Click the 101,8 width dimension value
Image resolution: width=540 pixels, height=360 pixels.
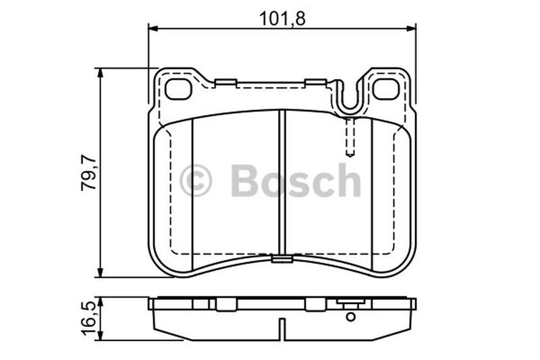[x=282, y=19]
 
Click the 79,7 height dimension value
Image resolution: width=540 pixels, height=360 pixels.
[x=88, y=174]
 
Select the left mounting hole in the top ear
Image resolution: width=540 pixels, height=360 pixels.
[x=178, y=89]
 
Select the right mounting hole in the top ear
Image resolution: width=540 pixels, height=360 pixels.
[x=386, y=89]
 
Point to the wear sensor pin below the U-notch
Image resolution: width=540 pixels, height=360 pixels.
[x=350, y=136]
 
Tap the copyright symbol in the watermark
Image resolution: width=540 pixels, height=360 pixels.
[x=196, y=180]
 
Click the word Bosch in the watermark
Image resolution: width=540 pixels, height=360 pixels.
[x=296, y=180]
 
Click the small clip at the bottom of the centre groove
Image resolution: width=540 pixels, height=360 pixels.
[x=282, y=259]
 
